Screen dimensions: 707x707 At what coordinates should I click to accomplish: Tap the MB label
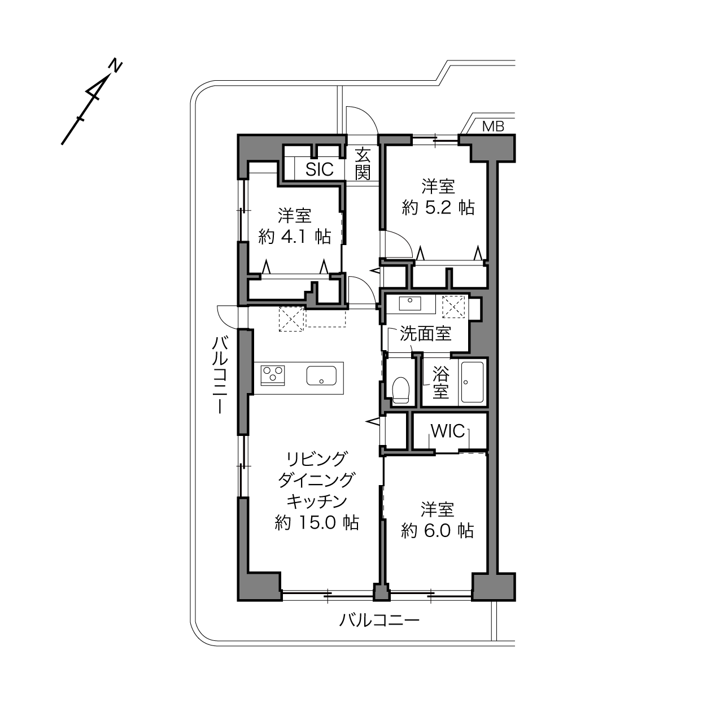click(x=493, y=126)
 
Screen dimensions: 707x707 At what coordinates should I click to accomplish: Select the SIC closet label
click(x=320, y=169)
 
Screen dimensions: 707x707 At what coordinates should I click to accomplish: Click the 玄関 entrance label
click(x=363, y=163)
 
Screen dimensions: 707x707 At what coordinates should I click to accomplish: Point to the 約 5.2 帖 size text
click(x=438, y=208)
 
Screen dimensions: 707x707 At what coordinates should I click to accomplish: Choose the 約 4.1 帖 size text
click(x=295, y=237)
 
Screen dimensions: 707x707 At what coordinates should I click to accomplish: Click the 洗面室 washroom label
click(x=425, y=333)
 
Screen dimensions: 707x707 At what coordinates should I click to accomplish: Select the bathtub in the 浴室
click(x=473, y=383)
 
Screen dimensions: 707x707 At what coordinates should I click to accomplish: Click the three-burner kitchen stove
click(x=273, y=376)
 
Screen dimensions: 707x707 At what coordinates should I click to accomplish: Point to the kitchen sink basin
click(x=321, y=376)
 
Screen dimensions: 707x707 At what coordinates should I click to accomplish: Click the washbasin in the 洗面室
click(x=409, y=304)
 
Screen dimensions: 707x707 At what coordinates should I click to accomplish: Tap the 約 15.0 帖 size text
click(x=317, y=522)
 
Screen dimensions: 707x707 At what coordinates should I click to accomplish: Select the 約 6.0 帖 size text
click(x=437, y=530)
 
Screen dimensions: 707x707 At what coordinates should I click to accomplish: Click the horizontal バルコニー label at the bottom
click(x=379, y=619)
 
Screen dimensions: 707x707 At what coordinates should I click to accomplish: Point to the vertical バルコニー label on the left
click(x=220, y=376)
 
